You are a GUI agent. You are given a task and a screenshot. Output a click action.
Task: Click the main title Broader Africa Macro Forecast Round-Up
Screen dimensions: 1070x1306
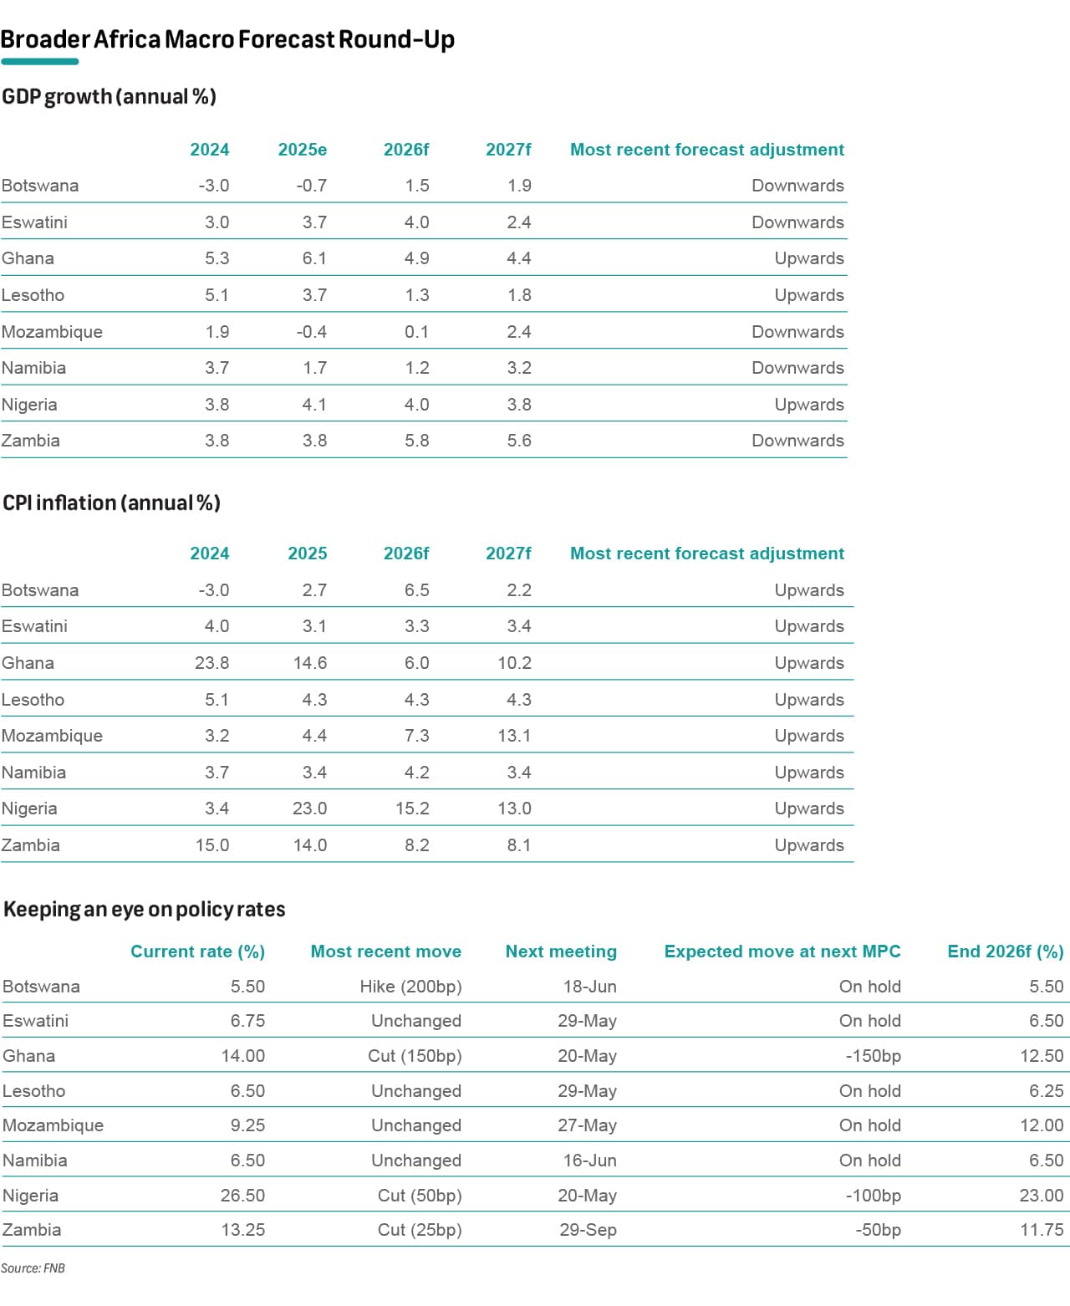click(x=227, y=39)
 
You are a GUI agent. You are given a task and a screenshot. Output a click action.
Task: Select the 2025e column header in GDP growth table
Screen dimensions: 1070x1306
click(x=302, y=149)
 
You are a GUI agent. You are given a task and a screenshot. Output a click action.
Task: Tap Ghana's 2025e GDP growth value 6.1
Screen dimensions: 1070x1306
click(x=314, y=258)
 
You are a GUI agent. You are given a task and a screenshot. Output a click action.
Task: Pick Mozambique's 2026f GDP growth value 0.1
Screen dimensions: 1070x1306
click(x=417, y=331)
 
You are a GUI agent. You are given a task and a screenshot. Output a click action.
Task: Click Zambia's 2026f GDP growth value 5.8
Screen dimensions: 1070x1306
click(x=417, y=441)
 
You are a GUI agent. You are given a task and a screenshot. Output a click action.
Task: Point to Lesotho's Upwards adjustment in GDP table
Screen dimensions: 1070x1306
click(x=808, y=295)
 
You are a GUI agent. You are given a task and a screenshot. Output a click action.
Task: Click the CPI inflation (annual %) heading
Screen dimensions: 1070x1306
click(x=111, y=503)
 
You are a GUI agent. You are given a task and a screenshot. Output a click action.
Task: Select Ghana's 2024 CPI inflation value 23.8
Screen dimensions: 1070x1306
click(x=211, y=662)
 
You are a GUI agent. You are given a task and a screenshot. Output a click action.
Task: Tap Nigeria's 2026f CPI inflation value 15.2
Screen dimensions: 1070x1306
click(x=412, y=809)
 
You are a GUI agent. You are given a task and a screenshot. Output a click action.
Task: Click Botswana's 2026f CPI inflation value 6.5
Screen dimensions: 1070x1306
click(x=417, y=589)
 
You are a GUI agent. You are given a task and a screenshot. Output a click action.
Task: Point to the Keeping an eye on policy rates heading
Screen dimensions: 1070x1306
click(x=145, y=909)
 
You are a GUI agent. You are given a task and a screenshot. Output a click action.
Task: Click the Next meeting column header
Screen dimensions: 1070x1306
click(x=561, y=951)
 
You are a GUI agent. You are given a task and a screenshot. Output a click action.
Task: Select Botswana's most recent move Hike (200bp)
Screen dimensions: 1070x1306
click(x=411, y=987)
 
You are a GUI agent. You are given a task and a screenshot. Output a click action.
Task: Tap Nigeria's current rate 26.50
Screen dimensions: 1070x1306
click(x=242, y=1195)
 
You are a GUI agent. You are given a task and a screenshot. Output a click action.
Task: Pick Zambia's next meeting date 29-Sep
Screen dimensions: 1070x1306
click(x=588, y=1230)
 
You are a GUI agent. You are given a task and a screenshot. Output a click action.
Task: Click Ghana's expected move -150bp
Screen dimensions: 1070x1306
click(x=873, y=1056)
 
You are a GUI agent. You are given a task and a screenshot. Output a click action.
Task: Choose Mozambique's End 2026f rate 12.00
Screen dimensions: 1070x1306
click(x=1042, y=1125)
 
